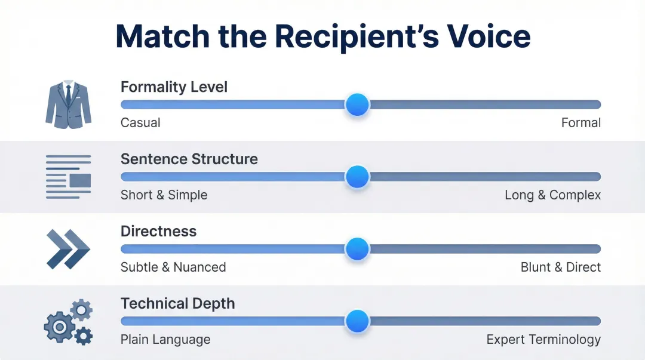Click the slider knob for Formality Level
click(x=357, y=104)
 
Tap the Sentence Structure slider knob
click(x=357, y=177)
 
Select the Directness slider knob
click(x=357, y=249)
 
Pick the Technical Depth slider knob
click(x=357, y=321)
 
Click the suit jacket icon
click(x=68, y=104)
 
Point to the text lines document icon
click(x=68, y=177)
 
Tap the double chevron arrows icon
click(x=68, y=249)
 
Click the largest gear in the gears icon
click(x=60, y=327)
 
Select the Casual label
click(x=140, y=123)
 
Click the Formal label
click(x=580, y=123)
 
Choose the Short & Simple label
click(x=164, y=195)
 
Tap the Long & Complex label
click(x=552, y=195)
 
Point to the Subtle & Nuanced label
click(x=173, y=267)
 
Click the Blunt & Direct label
click(x=560, y=267)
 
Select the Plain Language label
click(x=165, y=340)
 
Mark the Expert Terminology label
click(x=543, y=340)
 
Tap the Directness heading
click(x=158, y=232)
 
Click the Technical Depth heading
click(x=177, y=304)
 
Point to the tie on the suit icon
click(x=68, y=96)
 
